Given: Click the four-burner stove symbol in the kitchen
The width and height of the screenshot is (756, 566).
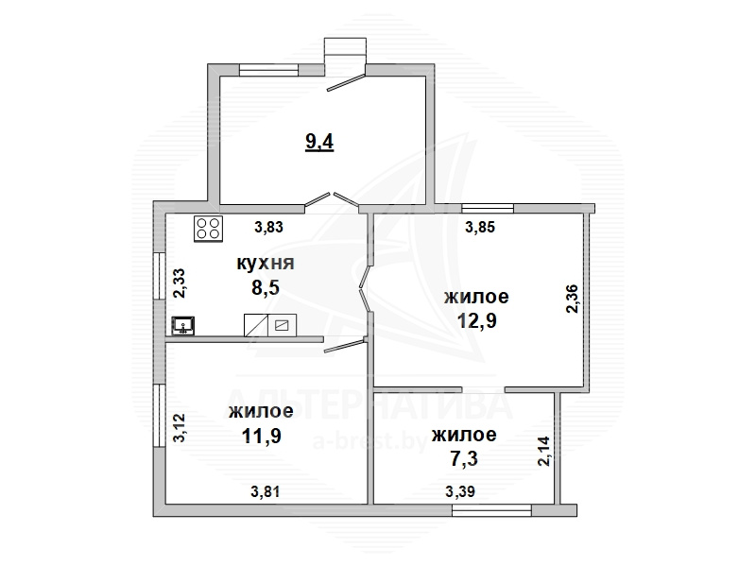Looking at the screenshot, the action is click(x=209, y=229).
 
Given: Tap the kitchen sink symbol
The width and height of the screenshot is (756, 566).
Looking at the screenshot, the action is click(x=183, y=326).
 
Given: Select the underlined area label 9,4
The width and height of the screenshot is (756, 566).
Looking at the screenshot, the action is click(x=319, y=143).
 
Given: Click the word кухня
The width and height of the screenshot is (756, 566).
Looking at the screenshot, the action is click(x=266, y=264).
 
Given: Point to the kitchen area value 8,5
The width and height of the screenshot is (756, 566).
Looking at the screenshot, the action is click(x=266, y=288).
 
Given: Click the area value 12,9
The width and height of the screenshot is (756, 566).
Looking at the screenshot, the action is click(x=477, y=320).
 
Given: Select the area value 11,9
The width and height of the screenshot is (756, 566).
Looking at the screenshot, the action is click(x=262, y=436).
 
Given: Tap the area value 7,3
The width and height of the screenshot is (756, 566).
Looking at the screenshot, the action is click(x=463, y=458).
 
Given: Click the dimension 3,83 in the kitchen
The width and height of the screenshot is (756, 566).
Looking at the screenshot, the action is click(x=268, y=227).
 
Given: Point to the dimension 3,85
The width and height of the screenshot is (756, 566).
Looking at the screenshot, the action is click(x=480, y=227).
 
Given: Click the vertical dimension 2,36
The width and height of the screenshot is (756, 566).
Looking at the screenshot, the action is click(x=573, y=300).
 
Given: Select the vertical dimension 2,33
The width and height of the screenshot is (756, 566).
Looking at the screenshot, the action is click(x=180, y=284).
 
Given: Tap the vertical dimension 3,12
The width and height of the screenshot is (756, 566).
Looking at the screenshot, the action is click(x=180, y=429).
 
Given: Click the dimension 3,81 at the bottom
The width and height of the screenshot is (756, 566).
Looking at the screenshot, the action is click(x=266, y=491).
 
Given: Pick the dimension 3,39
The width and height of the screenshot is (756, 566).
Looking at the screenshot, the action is click(x=460, y=491).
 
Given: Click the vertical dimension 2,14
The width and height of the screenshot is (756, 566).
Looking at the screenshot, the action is click(x=544, y=452).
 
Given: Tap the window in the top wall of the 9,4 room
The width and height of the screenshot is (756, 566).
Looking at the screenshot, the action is click(x=268, y=70).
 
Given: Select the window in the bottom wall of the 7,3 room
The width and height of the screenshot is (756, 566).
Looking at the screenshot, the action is click(x=491, y=510).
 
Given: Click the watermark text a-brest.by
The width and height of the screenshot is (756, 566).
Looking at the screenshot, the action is click(x=369, y=441).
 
